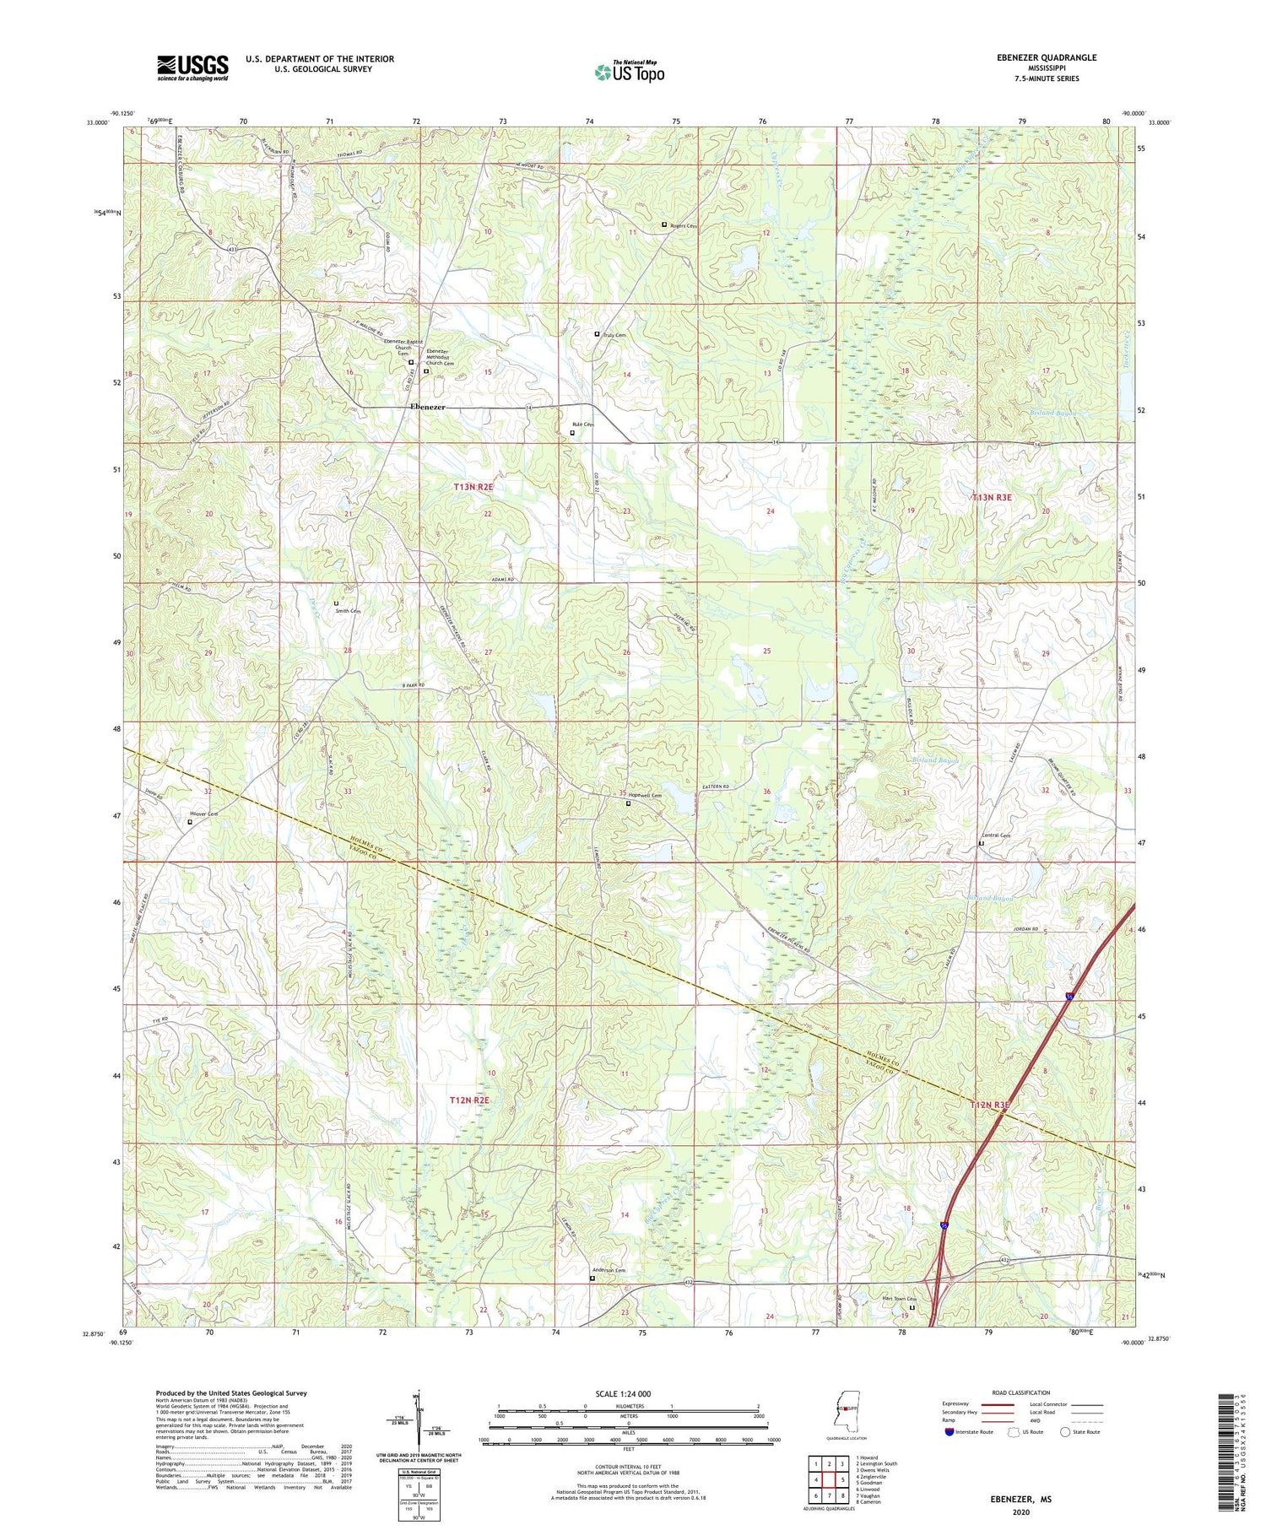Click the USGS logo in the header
coord(192,68)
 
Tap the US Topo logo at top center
coord(629,72)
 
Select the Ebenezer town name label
coord(428,407)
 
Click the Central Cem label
coord(996,835)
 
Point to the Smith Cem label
coord(348,611)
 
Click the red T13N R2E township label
coord(473,487)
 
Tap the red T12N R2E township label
coord(469,1100)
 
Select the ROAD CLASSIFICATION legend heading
coord(1021,1393)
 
